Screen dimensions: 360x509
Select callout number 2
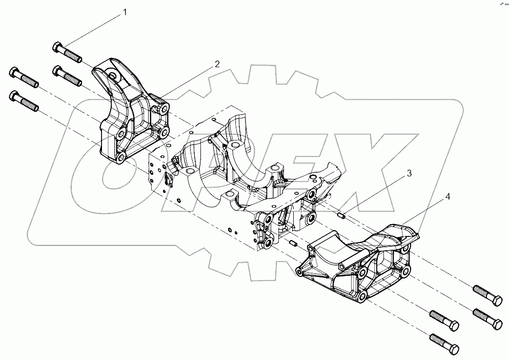[x=217, y=64]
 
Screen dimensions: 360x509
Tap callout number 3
[x=409, y=173]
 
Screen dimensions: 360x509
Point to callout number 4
[x=447, y=196]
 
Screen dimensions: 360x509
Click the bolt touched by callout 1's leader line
[x=67, y=53]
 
